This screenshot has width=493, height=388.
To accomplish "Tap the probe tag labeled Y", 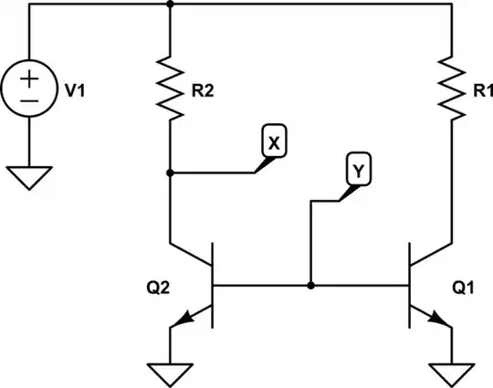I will [356, 170].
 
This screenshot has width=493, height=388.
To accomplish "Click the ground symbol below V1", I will [29, 175].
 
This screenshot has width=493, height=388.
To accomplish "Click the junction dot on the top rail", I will [172, 5].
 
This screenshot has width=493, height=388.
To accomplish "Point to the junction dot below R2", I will [172, 172].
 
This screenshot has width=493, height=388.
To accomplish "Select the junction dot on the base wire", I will [311, 285].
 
